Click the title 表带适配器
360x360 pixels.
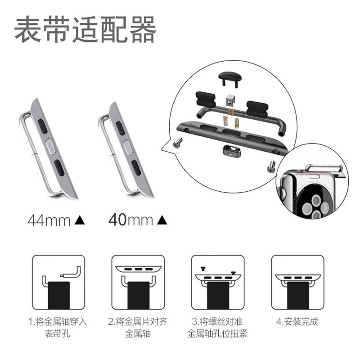click(x=85, y=30)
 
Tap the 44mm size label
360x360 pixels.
click(x=49, y=220)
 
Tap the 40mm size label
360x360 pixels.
click(x=130, y=220)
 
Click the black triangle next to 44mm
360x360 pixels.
click(x=80, y=220)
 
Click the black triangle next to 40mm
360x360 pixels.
click(x=162, y=220)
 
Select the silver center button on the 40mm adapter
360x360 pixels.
click(x=128, y=147)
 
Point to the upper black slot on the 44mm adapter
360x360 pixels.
click(x=43, y=126)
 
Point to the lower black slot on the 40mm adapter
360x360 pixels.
click(x=136, y=167)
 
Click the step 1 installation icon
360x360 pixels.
click(x=58, y=282)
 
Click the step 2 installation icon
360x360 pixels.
click(x=138, y=282)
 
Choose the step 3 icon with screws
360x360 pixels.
click(x=218, y=282)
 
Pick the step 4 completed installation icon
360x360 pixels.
click(x=298, y=282)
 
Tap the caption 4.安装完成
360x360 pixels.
click(x=297, y=321)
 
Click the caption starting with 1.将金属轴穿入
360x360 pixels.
click(x=58, y=328)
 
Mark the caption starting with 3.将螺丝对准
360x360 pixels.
click(x=217, y=328)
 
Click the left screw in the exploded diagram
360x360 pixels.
click(x=177, y=143)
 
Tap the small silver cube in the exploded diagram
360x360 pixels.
click(x=230, y=99)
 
